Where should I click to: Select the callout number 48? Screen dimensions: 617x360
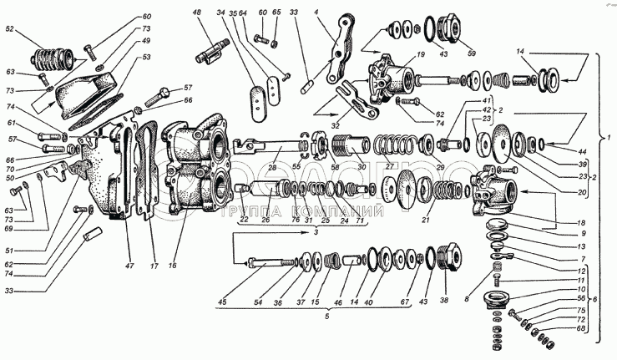coord(196,13)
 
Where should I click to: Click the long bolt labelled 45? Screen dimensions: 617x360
coord(265,265)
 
